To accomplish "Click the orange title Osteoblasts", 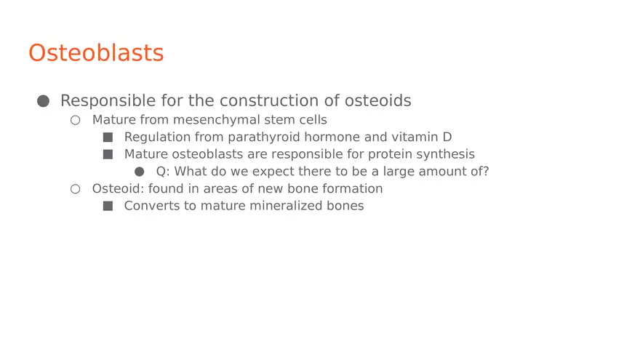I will (x=96, y=53).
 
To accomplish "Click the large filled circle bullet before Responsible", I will (x=43, y=101).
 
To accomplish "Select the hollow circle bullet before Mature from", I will (x=75, y=120).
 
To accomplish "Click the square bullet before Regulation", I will (x=108, y=137).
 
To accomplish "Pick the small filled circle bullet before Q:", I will (x=140, y=172).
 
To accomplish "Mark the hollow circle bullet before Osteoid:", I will (x=75, y=189).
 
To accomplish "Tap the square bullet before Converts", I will (x=108, y=206).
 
